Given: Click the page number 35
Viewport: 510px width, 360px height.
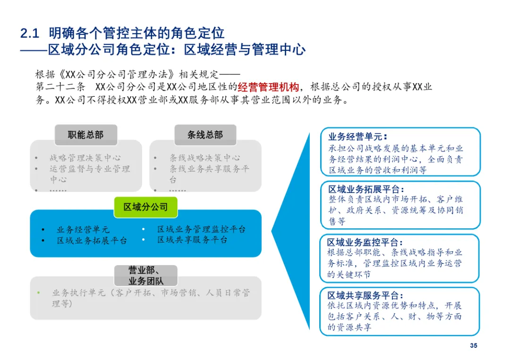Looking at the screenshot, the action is (x=474, y=346).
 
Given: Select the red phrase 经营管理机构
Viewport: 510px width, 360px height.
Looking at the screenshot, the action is (x=268, y=87).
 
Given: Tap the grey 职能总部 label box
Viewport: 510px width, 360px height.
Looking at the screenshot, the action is (x=85, y=135).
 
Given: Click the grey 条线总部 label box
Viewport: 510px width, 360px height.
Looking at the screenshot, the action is (x=205, y=135).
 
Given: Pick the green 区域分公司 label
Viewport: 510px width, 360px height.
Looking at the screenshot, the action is (x=145, y=207).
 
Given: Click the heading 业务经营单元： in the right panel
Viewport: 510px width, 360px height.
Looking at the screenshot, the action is (x=357, y=137).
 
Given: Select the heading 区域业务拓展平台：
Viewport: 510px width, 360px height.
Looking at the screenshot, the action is (x=366, y=190).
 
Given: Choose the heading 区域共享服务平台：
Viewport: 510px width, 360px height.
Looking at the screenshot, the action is (x=365, y=296).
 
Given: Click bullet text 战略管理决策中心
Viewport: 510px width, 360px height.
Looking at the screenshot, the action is (x=85, y=158).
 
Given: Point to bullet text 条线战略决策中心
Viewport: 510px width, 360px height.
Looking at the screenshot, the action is (x=205, y=158).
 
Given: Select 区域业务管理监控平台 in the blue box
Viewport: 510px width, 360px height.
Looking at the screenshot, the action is (x=202, y=229).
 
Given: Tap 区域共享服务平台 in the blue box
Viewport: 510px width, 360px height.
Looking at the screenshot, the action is (x=193, y=240).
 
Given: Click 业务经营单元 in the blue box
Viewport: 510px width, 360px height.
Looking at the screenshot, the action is (x=83, y=230).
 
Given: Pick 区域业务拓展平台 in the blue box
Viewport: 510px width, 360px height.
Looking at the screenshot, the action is (x=92, y=241).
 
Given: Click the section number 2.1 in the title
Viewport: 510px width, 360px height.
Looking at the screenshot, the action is (x=29, y=33).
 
